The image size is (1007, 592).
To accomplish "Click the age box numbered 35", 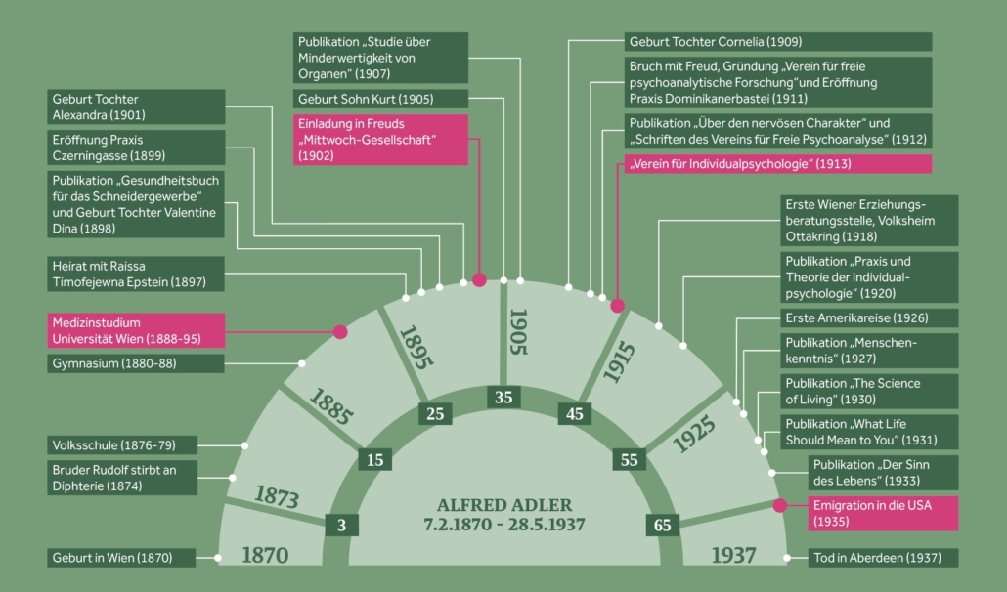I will [x=503, y=398].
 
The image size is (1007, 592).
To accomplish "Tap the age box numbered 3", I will [x=341, y=525].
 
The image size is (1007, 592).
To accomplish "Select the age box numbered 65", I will [x=662, y=525].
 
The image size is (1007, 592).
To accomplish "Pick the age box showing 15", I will [x=375, y=459].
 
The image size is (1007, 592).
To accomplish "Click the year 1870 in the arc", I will [x=265, y=555].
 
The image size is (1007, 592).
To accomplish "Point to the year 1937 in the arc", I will [x=734, y=555].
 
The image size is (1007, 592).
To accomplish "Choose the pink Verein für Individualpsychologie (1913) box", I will [x=777, y=163].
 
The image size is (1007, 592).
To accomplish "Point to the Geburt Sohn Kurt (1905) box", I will [x=380, y=99].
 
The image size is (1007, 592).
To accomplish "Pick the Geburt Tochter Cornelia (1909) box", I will [x=778, y=42].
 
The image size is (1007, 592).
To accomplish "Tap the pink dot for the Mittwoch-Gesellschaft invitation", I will [x=479, y=279].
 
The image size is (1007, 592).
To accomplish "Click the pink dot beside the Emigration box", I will [x=779, y=506].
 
